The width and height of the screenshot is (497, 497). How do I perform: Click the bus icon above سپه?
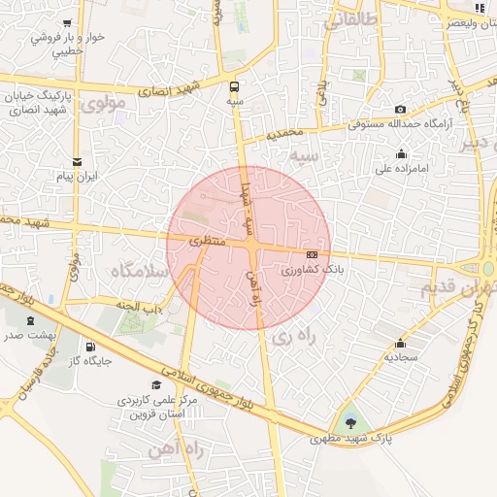[235, 84]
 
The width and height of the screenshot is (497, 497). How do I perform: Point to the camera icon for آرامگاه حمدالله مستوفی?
[400, 110]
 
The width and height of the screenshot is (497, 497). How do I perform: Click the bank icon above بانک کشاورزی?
[311, 254]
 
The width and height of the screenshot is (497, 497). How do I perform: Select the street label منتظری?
[207, 239]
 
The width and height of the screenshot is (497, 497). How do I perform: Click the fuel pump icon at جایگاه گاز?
[91, 346]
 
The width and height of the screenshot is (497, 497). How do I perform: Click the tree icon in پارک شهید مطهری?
[349, 422]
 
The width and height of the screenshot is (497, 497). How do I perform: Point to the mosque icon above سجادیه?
[400, 344]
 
